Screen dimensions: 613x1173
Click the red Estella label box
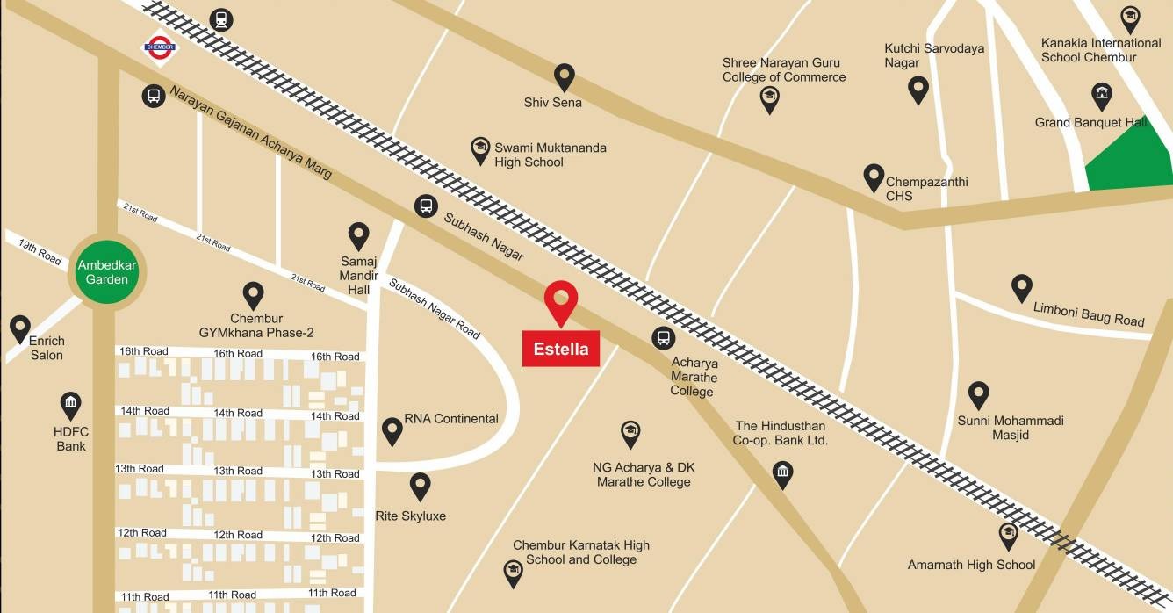(561, 348)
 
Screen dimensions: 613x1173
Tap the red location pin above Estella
(560, 301)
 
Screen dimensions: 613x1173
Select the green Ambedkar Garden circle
(107, 272)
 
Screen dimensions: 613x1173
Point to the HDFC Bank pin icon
(71, 405)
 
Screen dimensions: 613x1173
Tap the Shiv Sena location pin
(564, 77)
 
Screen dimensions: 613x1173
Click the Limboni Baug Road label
(1089, 314)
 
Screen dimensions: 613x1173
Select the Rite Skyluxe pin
(421, 486)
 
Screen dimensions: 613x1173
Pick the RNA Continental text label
(451, 419)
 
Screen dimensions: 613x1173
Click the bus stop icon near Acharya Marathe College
(663, 337)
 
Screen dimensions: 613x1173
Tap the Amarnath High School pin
(1009, 535)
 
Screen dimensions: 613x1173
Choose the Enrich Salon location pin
(20, 328)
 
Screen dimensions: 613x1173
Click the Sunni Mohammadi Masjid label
(1011, 428)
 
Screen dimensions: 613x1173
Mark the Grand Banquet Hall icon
(1102, 95)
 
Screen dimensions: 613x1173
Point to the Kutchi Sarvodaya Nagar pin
(918, 89)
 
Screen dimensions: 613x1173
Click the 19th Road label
(40, 251)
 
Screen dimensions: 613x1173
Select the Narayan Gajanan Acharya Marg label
(250, 132)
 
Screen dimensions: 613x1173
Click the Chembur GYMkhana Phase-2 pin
(254, 295)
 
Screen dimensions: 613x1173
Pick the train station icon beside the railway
(219, 19)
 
